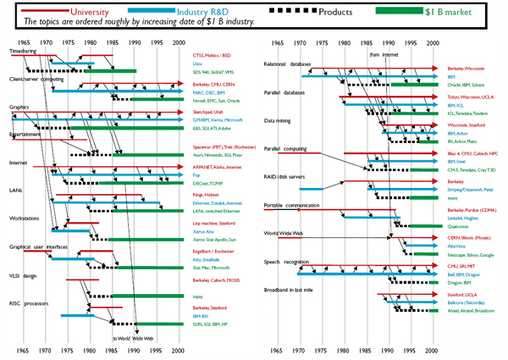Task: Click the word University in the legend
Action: [x=107, y=13]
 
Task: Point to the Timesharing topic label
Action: [x=25, y=52]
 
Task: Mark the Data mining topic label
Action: [x=280, y=121]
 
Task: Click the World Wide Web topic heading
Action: [x=284, y=233]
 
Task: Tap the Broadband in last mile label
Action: [x=293, y=291]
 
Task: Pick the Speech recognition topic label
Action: [x=289, y=262]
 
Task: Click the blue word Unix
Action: [x=198, y=64]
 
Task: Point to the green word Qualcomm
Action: [x=458, y=226]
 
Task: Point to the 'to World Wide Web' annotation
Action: [x=134, y=338]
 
